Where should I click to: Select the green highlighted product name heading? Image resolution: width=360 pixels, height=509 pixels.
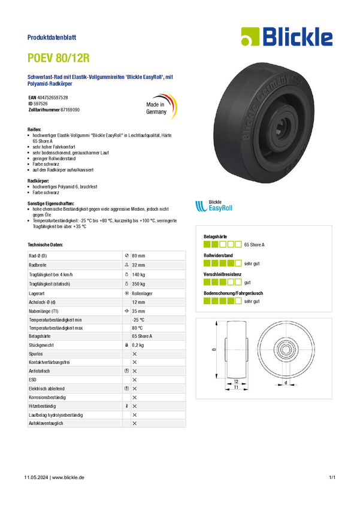59,59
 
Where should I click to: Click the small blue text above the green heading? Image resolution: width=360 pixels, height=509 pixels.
52,37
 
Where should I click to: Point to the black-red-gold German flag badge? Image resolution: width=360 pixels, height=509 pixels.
162,107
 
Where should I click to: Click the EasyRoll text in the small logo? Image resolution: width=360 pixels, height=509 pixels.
219,208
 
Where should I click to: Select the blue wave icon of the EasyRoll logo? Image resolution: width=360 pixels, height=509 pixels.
200,207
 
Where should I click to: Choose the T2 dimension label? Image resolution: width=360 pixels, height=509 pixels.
237,381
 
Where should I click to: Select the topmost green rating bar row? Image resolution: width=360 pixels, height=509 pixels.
222,244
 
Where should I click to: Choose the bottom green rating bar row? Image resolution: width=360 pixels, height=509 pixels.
222,300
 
